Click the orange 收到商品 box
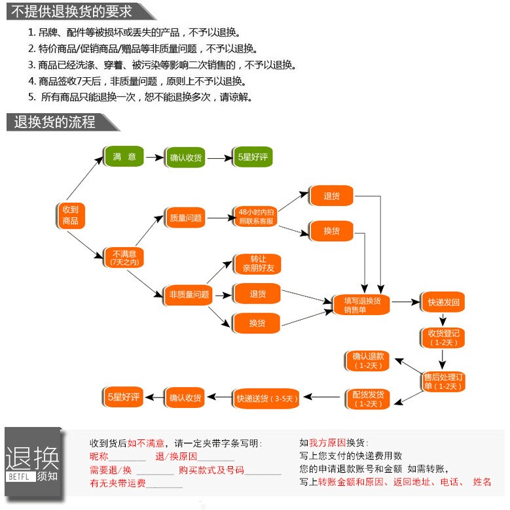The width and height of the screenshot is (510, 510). coord(70,216)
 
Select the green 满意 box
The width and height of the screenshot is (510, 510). coord(124,158)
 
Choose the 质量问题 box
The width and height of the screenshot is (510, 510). coord(186,218)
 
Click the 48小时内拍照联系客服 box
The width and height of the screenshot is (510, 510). coord(257,216)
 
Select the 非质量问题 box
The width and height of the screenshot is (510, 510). coord(189,294)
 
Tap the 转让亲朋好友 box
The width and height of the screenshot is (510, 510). coord(257,263)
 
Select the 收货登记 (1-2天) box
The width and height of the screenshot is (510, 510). coord(443,337)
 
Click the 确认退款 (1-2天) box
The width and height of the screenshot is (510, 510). coord(368,360)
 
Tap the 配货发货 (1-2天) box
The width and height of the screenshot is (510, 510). coord(368,398)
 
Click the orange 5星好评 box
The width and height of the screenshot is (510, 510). coord(123,397)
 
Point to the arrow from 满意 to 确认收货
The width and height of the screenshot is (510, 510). coord(154,158)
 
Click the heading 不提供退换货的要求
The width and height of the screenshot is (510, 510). coord(72,11)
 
